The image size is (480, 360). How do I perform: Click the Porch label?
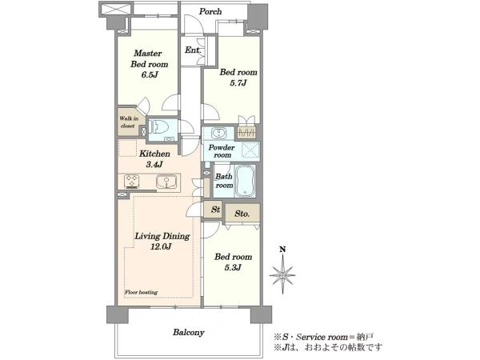coord(210,12)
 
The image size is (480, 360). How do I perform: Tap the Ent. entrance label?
coord(193,50)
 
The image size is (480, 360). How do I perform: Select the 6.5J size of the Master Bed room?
coord(150,75)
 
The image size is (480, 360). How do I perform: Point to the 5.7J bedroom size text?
coord(238,83)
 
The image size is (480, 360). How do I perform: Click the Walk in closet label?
coord(129,122)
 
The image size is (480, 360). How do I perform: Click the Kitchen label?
coord(154,154)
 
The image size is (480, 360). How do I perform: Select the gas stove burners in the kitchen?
coord(132,180)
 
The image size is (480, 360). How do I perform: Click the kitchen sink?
coord(166,182)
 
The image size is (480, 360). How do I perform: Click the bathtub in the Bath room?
coord(245,182)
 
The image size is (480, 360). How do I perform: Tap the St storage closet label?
coord(215,210)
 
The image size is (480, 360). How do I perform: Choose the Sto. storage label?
coord(242,214)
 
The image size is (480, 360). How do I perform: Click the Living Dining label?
coord(162,236)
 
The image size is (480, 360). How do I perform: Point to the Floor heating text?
coord(141,292)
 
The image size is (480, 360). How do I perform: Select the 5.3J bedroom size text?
coord(233,267)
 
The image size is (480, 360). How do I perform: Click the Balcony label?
coord(188,333)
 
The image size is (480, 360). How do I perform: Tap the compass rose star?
coord(282,274)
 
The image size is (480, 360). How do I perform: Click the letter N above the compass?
coord(282,249)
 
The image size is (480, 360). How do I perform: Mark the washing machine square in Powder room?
coord(250,150)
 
